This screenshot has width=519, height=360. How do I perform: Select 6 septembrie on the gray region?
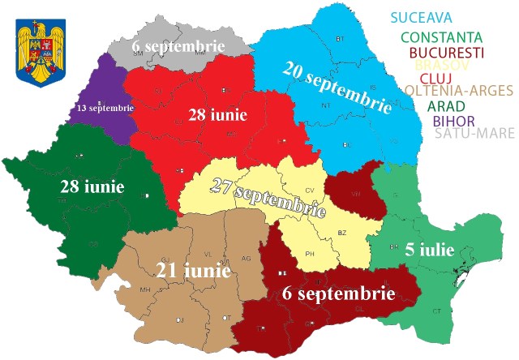click(178, 46)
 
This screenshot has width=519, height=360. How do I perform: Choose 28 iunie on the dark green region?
click(92, 186)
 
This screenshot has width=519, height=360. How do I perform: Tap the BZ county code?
click(341, 233)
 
